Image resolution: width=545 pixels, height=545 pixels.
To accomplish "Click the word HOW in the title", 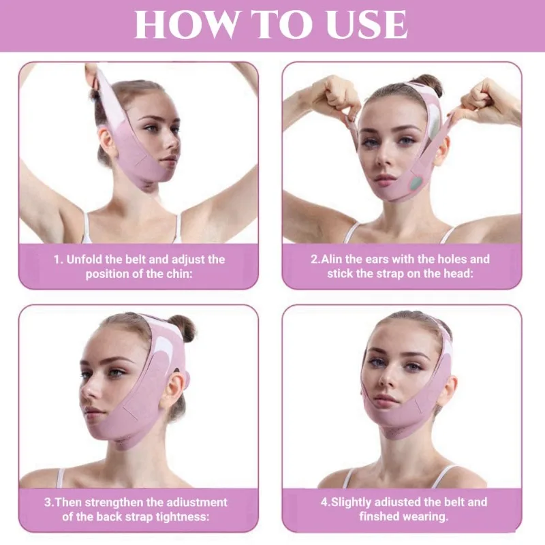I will coord(176,25).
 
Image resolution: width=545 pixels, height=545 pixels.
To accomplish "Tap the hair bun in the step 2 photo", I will coord(427,84).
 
